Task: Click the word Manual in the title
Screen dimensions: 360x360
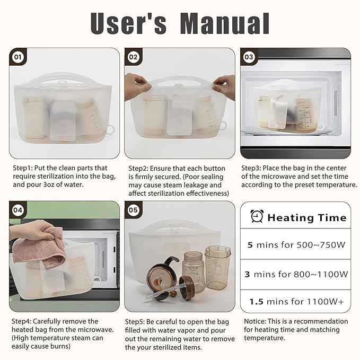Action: pos(225,23)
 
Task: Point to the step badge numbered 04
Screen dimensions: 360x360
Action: pos(18,210)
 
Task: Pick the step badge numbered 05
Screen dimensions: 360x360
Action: pos(133,210)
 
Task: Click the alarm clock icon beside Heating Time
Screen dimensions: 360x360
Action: pos(257,217)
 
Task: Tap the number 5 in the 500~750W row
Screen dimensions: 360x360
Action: pos(250,245)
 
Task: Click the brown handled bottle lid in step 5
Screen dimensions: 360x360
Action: pos(162,270)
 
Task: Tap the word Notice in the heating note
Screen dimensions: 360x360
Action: pos(256,321)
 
